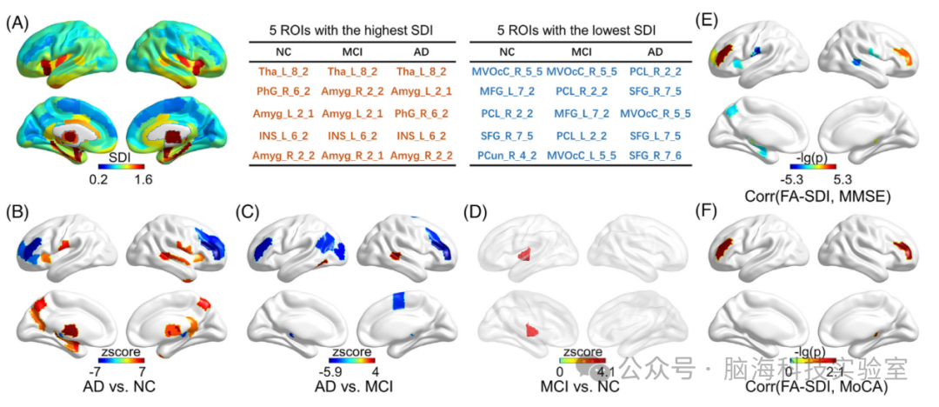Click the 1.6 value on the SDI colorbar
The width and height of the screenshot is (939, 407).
[x=143, y=180]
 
